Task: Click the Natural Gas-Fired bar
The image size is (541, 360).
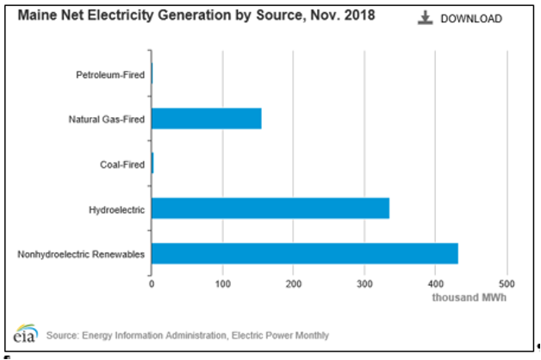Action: (206, 119)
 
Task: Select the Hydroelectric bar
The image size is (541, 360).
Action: (270, 208)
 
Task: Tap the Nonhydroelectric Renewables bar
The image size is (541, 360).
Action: (304, 254)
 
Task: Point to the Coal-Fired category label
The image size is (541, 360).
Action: (121, 164)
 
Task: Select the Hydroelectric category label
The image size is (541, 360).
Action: (116, 209)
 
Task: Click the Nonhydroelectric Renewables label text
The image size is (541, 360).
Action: (81, 254)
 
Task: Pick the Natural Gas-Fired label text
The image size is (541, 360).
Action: (107, 119)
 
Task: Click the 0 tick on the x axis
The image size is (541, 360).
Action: (152, 283)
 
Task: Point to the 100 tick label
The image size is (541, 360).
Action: (223, 283)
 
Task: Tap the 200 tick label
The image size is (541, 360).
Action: (294, 283)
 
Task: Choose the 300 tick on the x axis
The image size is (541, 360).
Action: (365, 283)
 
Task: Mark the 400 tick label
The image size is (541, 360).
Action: (436, 283)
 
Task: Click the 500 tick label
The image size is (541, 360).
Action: (507, 283)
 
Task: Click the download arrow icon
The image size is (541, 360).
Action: (425, 18)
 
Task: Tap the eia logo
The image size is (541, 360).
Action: (24, 333)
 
